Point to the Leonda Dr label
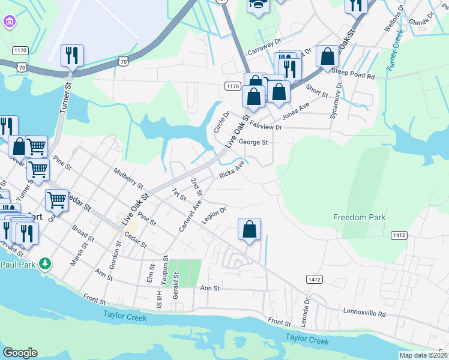pos(306,309)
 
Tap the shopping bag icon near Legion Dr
pos(250,229)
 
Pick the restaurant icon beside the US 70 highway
pos(72,56)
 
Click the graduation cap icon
pos(259,5)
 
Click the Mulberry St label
pos(128,177)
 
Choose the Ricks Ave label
pos(232,169)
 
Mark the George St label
pos(253,143)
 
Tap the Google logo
pos(20,353)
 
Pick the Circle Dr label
pos(221,122)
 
